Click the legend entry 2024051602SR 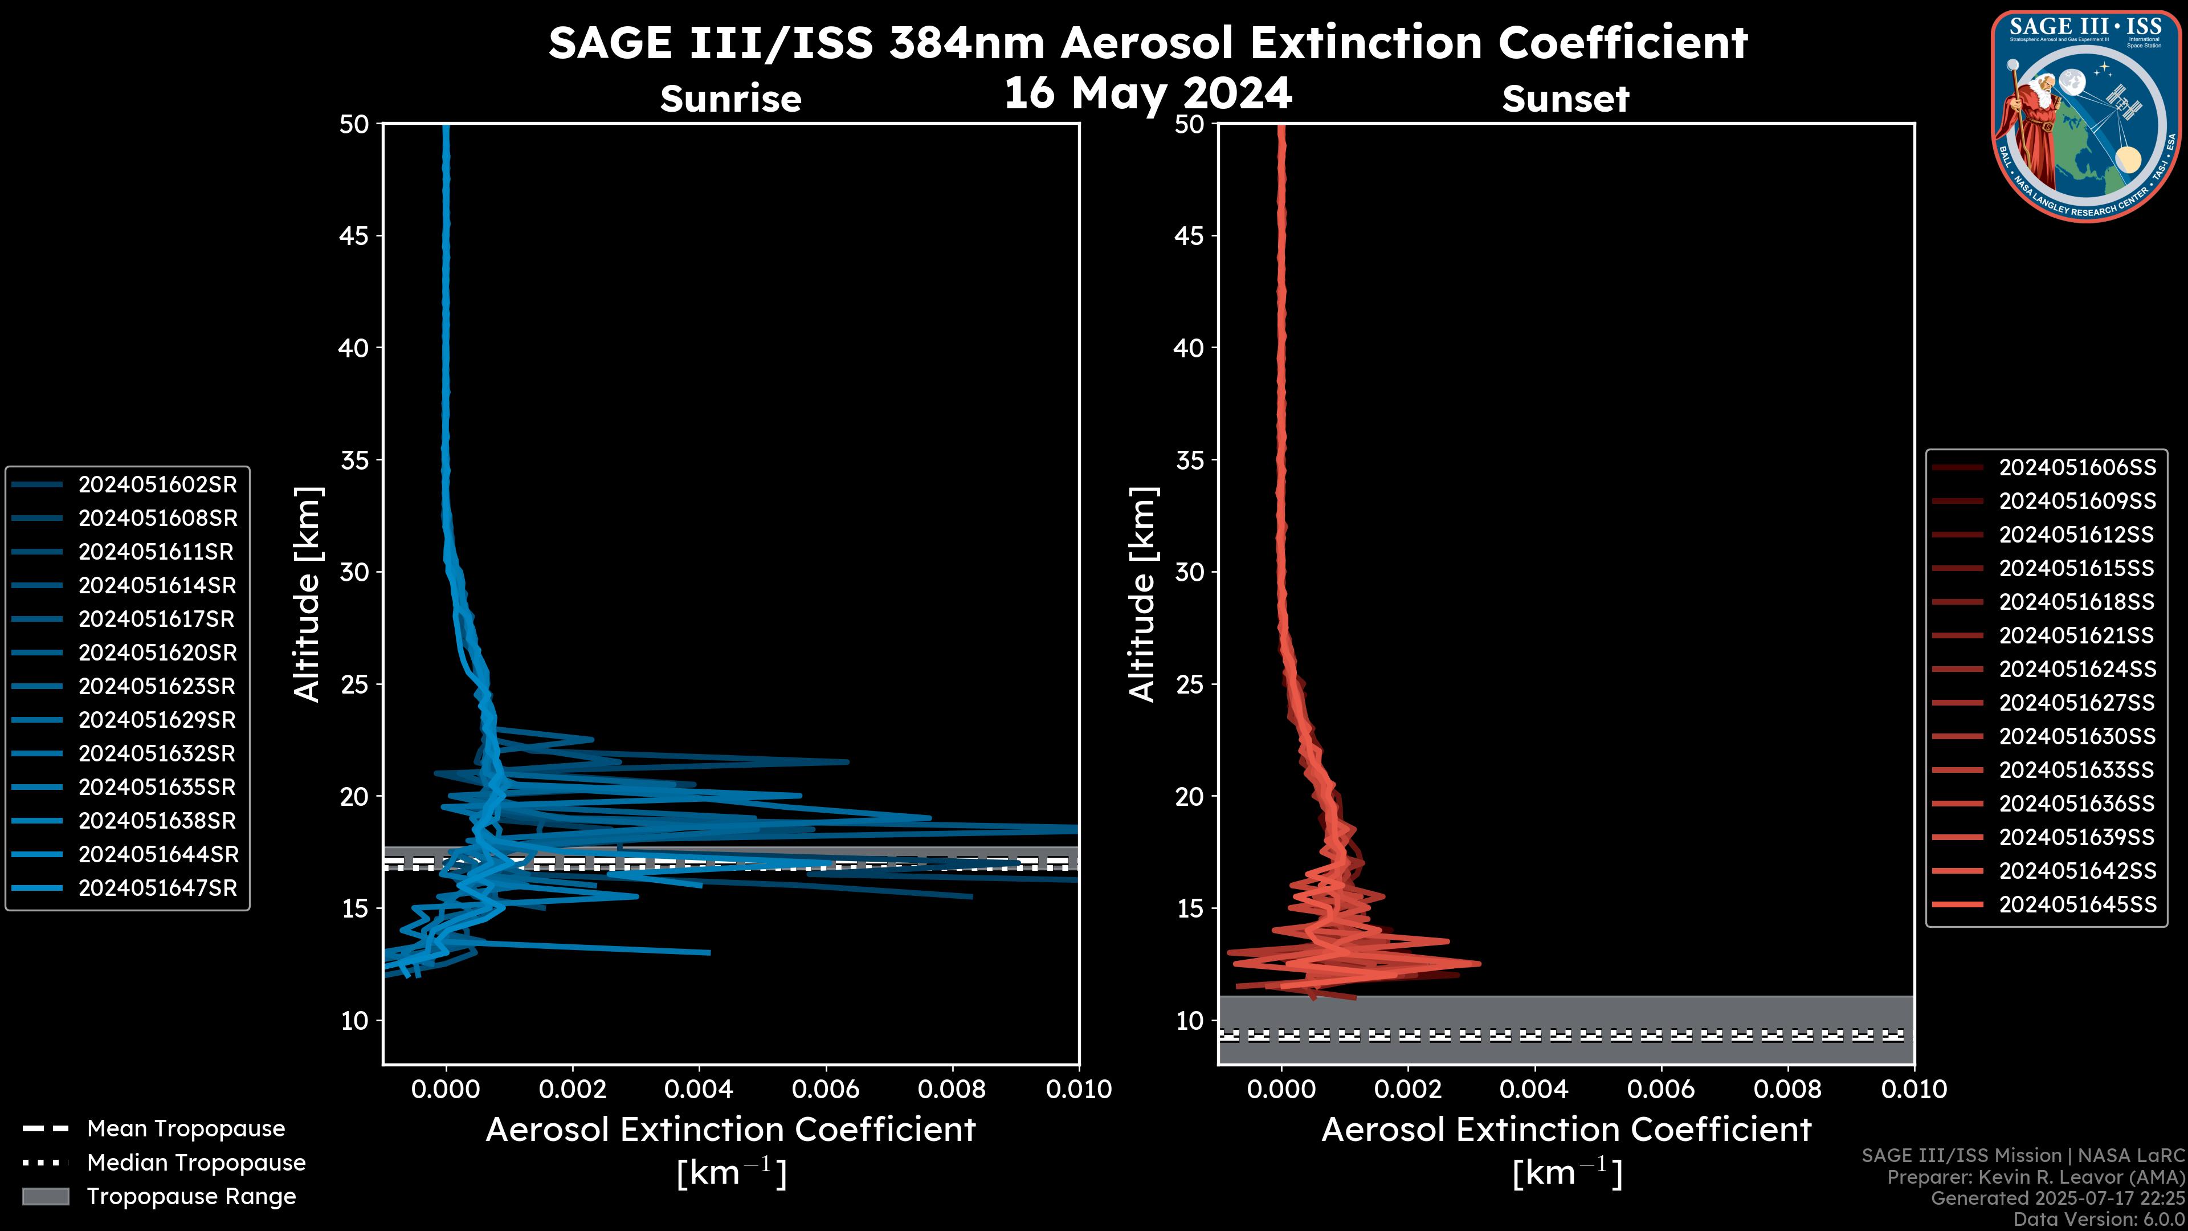click(157, 484)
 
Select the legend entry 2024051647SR click(157, 888)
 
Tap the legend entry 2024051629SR click(157, 720)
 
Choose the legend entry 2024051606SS click(2077, 467)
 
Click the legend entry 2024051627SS click(2077, 703)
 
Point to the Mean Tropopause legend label click(186, 1128)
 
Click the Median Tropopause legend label click(196, 1162)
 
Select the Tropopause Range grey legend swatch click(45, 1196)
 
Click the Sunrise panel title click(730, 99)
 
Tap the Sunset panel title click(1565, 99)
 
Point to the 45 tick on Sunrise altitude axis click(353, 235)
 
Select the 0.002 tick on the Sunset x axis click(1409, 1089)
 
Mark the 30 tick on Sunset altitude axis click(1189, 572)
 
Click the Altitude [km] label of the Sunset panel click(1143, 594)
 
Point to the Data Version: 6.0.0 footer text click(2100, 1219)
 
